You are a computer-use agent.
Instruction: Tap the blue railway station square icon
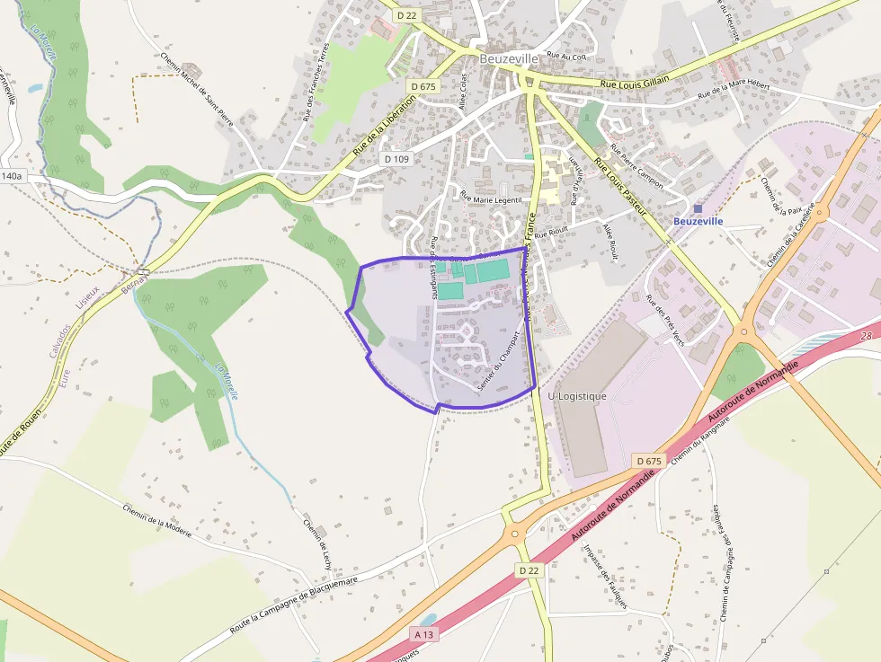698,208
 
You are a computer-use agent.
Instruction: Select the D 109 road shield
396,159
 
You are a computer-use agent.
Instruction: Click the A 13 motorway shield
424,633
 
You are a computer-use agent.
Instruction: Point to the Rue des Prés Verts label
665,320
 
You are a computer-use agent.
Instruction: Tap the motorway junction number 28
866,335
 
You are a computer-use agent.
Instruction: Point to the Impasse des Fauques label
603,575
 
